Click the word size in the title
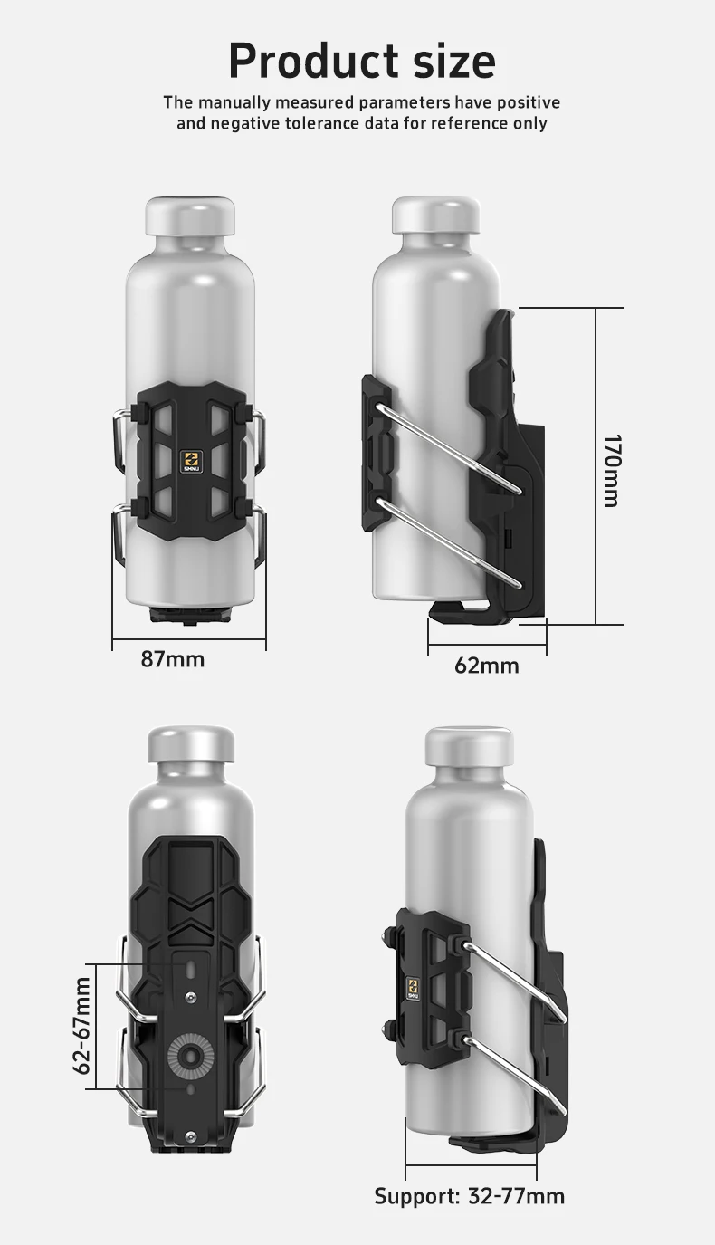pyautogui.click(x=448, y=62)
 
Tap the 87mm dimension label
pyautogui.click(x=173, y=659)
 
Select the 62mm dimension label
pyautogui.click(x=487, y=666)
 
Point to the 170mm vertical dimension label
pyautogui.click(x=612, y=470)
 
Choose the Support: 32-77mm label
pyautogui.click(x=469, y=1196)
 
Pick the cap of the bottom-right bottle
pyautogui.click(x=469, y=745)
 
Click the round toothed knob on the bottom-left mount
pyautogui.click(x=190, y=1054)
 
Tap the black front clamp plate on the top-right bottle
pyautogui.click(x=377, y=453)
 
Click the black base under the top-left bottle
pyautogui.click(x=190, y=616)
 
